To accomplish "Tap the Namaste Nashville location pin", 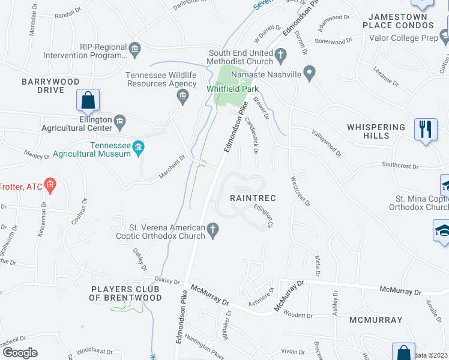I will click(310, 74).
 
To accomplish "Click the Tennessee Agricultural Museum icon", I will click(139, 148).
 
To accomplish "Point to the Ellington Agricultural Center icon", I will click(119, 124).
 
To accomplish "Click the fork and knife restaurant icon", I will click(425, 128).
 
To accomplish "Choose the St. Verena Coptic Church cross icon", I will click(212, 229).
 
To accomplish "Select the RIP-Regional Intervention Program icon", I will click(134, 47).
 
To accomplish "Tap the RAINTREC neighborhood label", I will click(252, 197).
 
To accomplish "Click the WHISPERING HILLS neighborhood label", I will click(376, 131).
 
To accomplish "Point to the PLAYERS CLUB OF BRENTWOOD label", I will click(126, 293).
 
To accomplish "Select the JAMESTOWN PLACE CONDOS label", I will click(398, 21).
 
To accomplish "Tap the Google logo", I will click(20, 353).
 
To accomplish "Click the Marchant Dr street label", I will click(173, 167).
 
